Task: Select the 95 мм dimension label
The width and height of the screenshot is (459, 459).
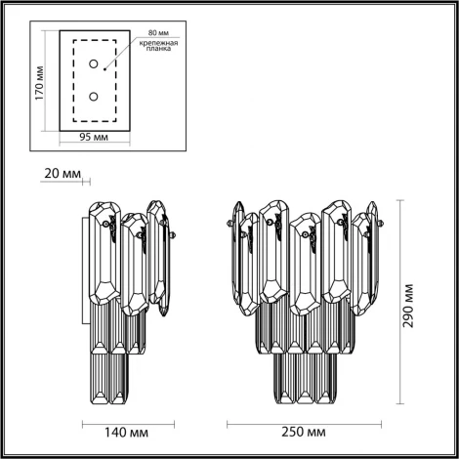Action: pos(93,139)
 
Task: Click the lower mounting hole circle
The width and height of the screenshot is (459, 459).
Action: pos(94,96)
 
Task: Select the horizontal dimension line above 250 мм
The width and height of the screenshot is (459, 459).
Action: pos(303,421)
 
